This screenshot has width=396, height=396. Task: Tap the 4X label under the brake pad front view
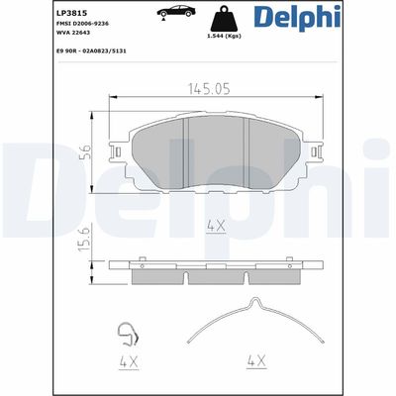tap(215, 228)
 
